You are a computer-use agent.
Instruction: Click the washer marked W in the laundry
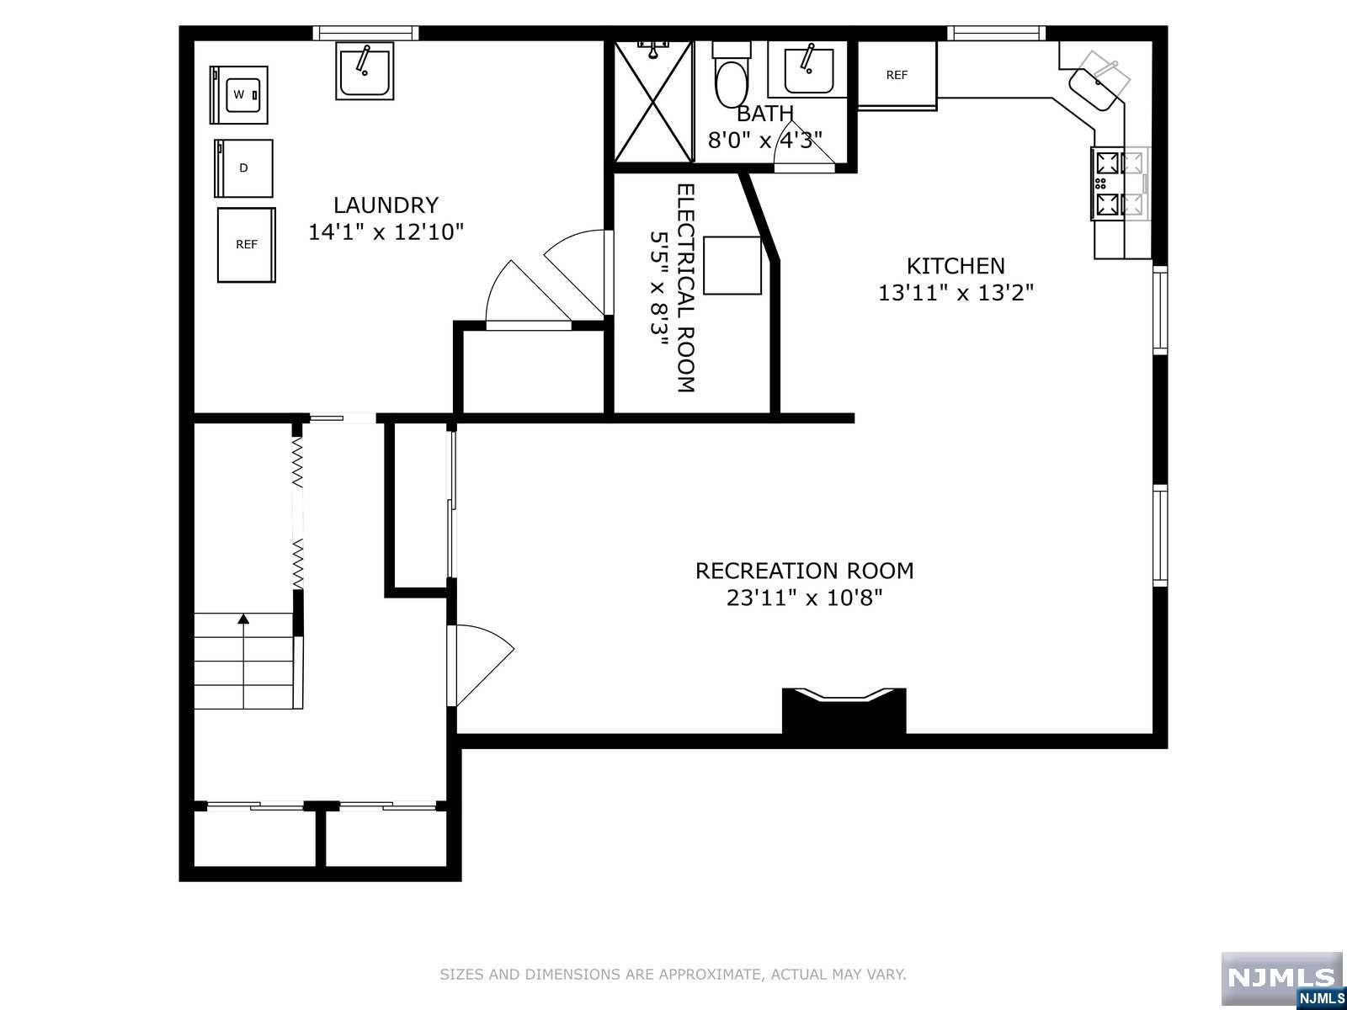(x=239, y=95)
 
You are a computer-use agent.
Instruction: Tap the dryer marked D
(x=243, y=168)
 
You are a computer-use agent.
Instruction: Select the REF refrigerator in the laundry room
(x=246, y=245)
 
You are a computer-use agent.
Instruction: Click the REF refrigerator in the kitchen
(x=897, y=76)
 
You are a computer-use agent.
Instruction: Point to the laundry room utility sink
(x=365, y=71)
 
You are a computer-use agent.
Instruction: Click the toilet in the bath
(x=732, y=76)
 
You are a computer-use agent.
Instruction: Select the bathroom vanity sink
(x=807, y=69)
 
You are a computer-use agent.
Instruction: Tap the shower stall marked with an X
(x=653, y=101)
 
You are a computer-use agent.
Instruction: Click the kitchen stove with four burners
(x=1120, y=183)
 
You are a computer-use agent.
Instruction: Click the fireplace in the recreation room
(x=844, y=710)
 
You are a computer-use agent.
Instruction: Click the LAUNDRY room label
(x=386, y=205)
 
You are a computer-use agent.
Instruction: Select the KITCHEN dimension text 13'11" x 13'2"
(x=956, y=293)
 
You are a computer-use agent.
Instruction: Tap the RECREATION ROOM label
(x=805, y=571)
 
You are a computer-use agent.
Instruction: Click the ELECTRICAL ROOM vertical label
(x=685, y=288)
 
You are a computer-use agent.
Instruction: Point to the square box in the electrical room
(x=732, y=265)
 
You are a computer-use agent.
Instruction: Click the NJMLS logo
(x=1283, y=980)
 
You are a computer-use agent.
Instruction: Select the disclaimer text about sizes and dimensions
(x=673, y=975)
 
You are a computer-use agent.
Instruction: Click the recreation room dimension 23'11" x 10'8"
(x=805, y=598)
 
